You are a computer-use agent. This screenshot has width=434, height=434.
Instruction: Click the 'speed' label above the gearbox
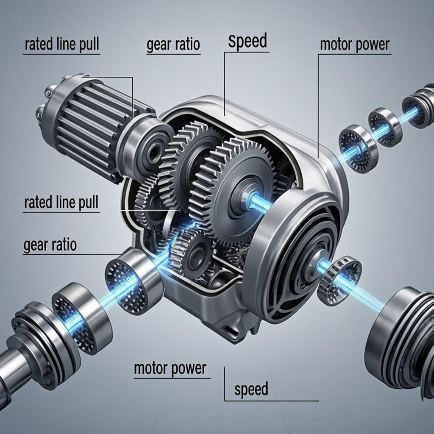(248, 42)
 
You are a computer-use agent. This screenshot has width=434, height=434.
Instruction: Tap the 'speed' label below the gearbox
(251, 389)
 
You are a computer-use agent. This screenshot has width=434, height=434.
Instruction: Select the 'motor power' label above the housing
(354, 45)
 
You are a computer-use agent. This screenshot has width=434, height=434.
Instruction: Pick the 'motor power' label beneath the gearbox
(170, 368)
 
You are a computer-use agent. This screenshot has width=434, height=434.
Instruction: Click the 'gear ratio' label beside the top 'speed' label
(173, 45)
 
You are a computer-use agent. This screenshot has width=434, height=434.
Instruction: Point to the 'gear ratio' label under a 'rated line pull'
(50, 245)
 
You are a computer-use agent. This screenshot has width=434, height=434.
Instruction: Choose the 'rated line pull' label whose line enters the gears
(61, 203)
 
